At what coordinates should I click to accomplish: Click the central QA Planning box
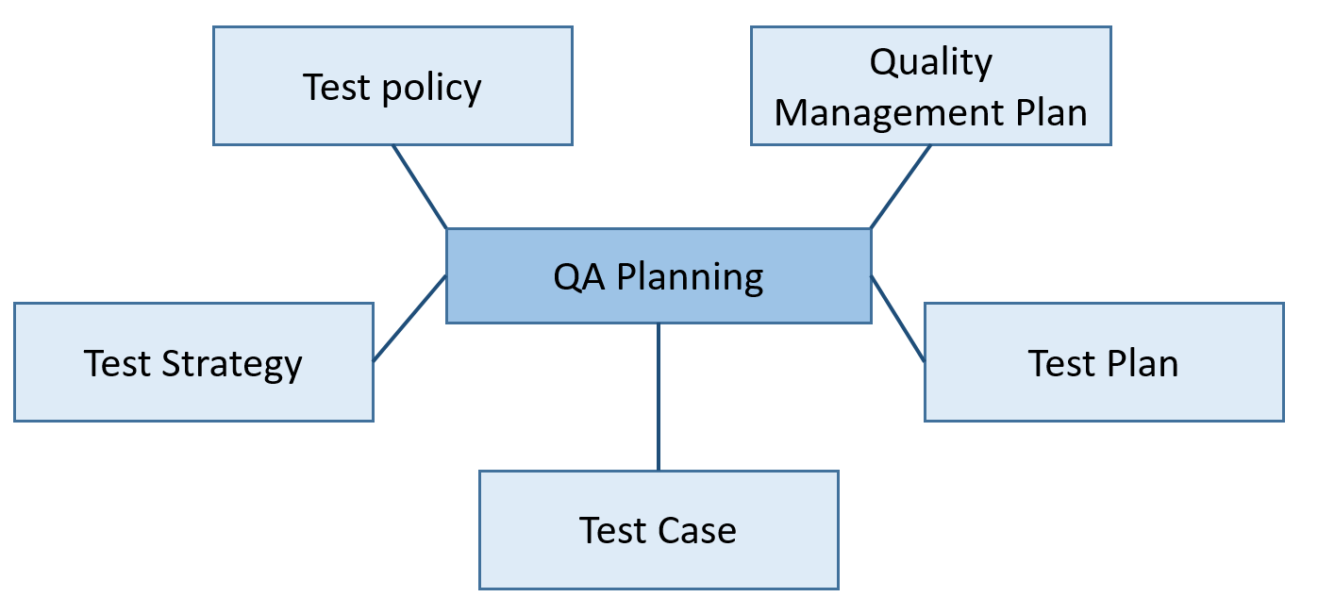pyautogui.click(x=659, y=275)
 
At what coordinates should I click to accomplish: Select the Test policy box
pyautogui.click(x=392, y=86)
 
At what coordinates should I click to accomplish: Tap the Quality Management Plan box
pyautogui.click(x=931, y=86)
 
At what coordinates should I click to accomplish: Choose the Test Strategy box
pyautogui.click(x=193, y=362)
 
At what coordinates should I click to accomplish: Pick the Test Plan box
pyautogui.click(x=1105, y=362)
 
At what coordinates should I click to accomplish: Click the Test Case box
pyautogui.click(x=659, y=530)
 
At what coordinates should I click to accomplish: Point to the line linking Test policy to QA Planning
pyautogui.click(x=420, y=187)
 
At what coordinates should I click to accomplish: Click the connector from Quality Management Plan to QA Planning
pyautogui.click(x=901, y=187)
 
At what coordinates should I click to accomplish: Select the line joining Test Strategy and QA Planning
pyautogui.click(x=409, y=318)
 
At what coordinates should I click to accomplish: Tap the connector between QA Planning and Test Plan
pyautogui.click(x=898, y=319)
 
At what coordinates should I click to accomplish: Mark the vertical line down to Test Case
pyautogui.click(x=659, y=397)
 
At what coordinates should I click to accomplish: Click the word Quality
pyautogui.click(x=931, y=62)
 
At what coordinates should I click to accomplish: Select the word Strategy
pyautogui.click(x=232, y=365)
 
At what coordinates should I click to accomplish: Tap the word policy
pyautogui.click(x=432, y=89)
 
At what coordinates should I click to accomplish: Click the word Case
pyautogui.click(x=697, y=531)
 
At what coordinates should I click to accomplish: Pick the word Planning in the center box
pyautogui.click(x=690, y=277)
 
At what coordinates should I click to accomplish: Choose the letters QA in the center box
pyautogui.click(x=578, y=276)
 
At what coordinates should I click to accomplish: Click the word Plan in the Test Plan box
pyautogui.click(x=1143, y=363)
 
